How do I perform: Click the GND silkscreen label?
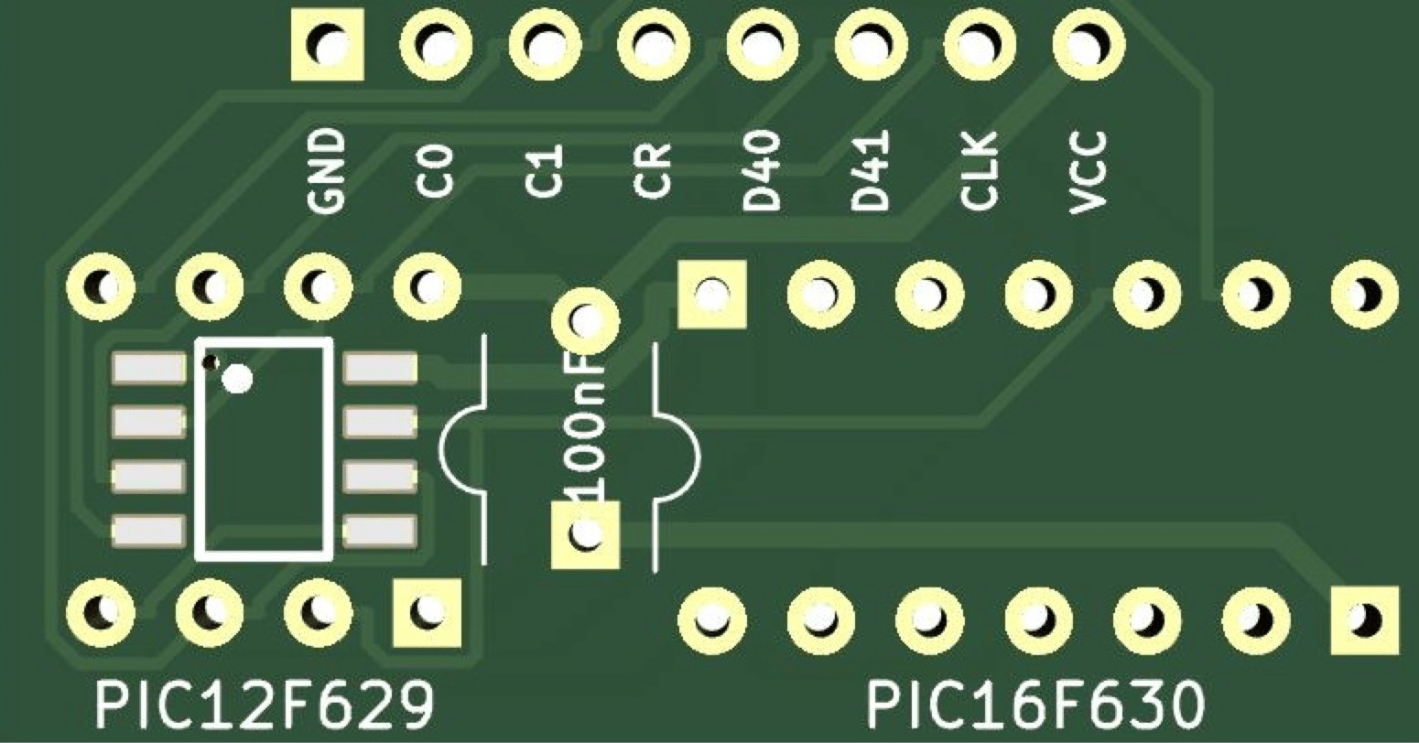(327, 171)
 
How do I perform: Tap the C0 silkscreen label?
(435, 173)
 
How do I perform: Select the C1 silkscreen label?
(544, 173)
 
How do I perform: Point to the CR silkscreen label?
(653, 171)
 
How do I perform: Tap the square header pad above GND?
(327, 44)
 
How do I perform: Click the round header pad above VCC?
(1088, 43)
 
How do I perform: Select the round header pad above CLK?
(978, 43)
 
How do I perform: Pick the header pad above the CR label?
(653, 43)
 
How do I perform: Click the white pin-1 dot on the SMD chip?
(237, 378)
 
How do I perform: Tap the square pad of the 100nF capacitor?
(585, 534)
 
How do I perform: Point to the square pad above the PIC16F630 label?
(1365, 619)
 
